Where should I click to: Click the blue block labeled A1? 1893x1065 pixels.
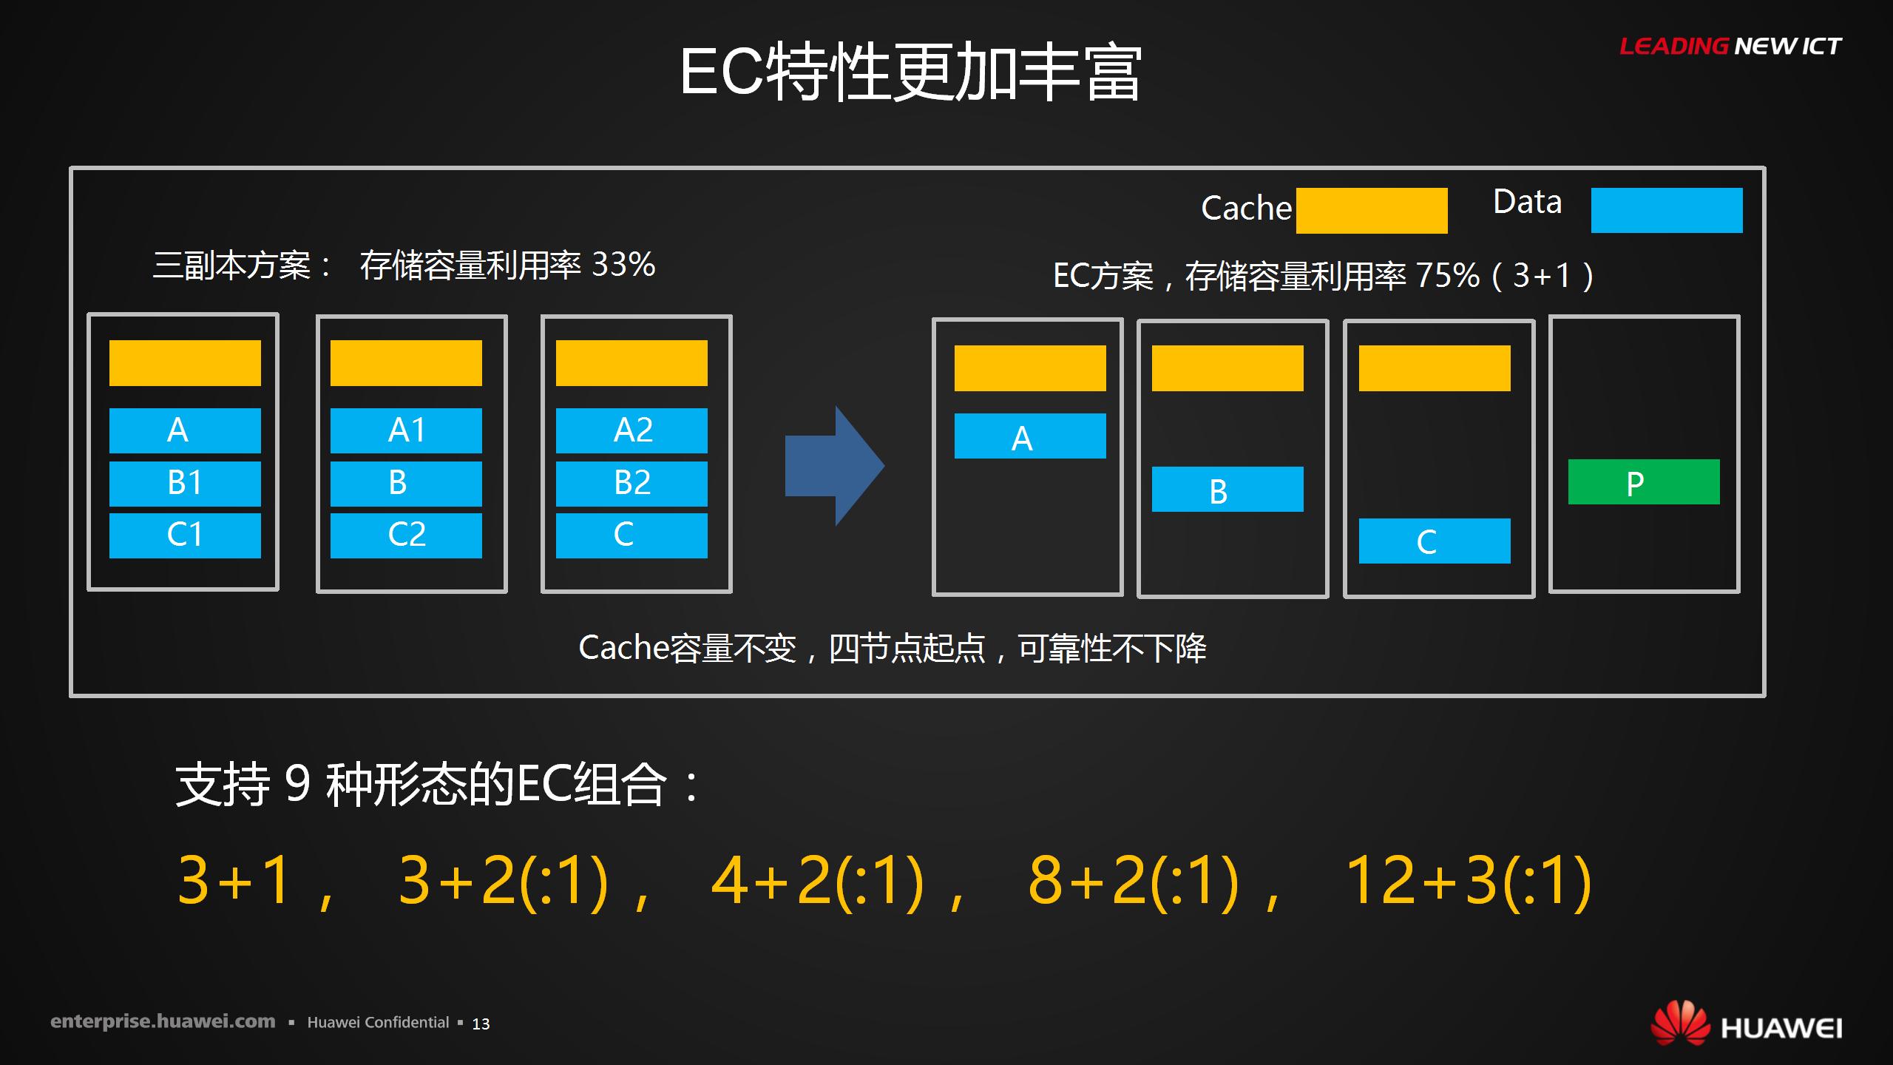pos(406,430)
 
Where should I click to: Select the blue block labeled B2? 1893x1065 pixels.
pos(631,484)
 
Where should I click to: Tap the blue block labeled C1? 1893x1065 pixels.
pos(185,535)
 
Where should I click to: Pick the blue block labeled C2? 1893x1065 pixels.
pos(406,535)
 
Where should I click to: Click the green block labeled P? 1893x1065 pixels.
pos(1644,482)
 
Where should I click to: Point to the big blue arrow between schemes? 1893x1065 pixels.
pos(835,466)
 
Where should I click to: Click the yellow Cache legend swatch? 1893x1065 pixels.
pos(1372,211)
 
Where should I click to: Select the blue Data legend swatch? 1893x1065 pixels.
pos(1667,210)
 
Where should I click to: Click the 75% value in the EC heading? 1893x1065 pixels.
pos(1447,276)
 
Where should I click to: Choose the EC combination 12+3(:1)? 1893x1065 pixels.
pos(1468,880)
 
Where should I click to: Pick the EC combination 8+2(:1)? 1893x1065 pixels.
pos(1133,880)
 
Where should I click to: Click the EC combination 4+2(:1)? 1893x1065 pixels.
pos(817,880)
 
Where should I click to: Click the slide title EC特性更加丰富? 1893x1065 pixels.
pos(911,72)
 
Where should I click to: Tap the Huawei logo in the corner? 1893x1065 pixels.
pos(1746,1024)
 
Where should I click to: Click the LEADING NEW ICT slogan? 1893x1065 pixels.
pos(1730,47)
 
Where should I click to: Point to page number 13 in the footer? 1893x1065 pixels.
pos(481,1024)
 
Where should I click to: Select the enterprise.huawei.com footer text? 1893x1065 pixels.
pos(163,1022)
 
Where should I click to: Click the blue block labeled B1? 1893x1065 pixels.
pos(185,484)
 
